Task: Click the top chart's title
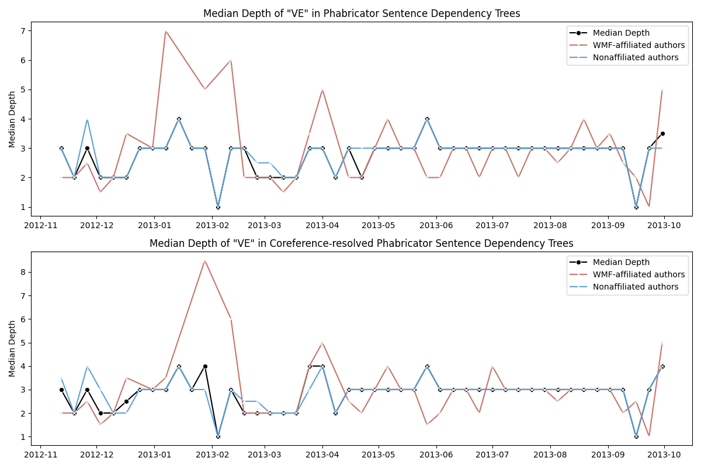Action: [x=362, y=13]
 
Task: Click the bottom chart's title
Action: [x=362, y=243]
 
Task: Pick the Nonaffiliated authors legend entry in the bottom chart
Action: [x=636, y=287]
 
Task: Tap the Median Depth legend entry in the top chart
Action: [x=621, y=33]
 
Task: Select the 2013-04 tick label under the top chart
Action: [x=322, y=225]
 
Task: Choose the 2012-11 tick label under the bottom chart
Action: [x=40, y=454]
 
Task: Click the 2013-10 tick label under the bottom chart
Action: [x=665, y=454]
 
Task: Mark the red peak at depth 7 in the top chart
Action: [x=165, y=31]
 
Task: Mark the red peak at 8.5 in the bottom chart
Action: [x=204, y=260]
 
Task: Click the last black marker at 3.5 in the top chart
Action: [x=662, y=133]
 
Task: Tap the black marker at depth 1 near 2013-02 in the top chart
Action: [x=218, y=207]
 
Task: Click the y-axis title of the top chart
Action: [x=12, y=119]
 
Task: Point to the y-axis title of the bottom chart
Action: [x=12, y=348]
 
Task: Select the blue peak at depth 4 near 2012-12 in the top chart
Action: [x=87, y=119]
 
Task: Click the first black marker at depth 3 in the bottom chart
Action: [x=61, y=390]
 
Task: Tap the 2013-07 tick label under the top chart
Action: [x=492, y=225]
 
